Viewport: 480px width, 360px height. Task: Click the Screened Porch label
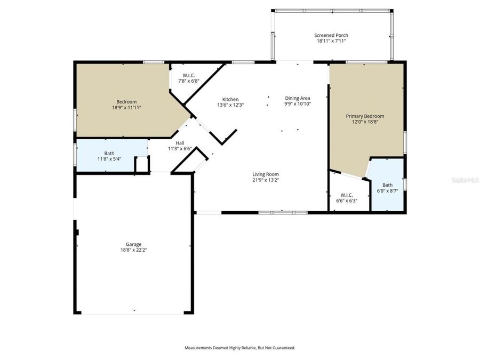pos(331,35)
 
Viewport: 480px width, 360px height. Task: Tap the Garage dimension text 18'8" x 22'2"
pos(133,250)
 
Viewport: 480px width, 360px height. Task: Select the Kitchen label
pos(230,99)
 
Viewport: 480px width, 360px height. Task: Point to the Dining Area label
pos(297,98)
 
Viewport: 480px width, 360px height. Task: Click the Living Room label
pos(266,174)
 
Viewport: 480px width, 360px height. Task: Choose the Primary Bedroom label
pos(365,116)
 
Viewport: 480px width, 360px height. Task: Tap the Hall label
pos(180,143)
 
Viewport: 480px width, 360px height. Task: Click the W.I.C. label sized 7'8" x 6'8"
pos(188,75)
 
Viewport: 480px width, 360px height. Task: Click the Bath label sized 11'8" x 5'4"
pos(109,153)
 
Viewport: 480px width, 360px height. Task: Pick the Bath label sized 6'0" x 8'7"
pos(388,185)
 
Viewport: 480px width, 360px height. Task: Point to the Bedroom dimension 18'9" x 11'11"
pos(126,107)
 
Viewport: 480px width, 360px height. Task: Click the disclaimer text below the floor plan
pos(240,348)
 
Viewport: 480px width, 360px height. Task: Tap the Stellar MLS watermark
pos(465,181)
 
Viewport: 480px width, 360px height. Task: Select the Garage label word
pos(133,244)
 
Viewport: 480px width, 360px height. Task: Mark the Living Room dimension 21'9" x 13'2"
pos(266,180)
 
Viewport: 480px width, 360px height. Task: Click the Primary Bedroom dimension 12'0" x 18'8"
pos(365,122)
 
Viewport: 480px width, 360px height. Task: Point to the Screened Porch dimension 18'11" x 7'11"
pos(331,41)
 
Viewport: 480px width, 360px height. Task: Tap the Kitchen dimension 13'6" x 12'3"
pos(230,105)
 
